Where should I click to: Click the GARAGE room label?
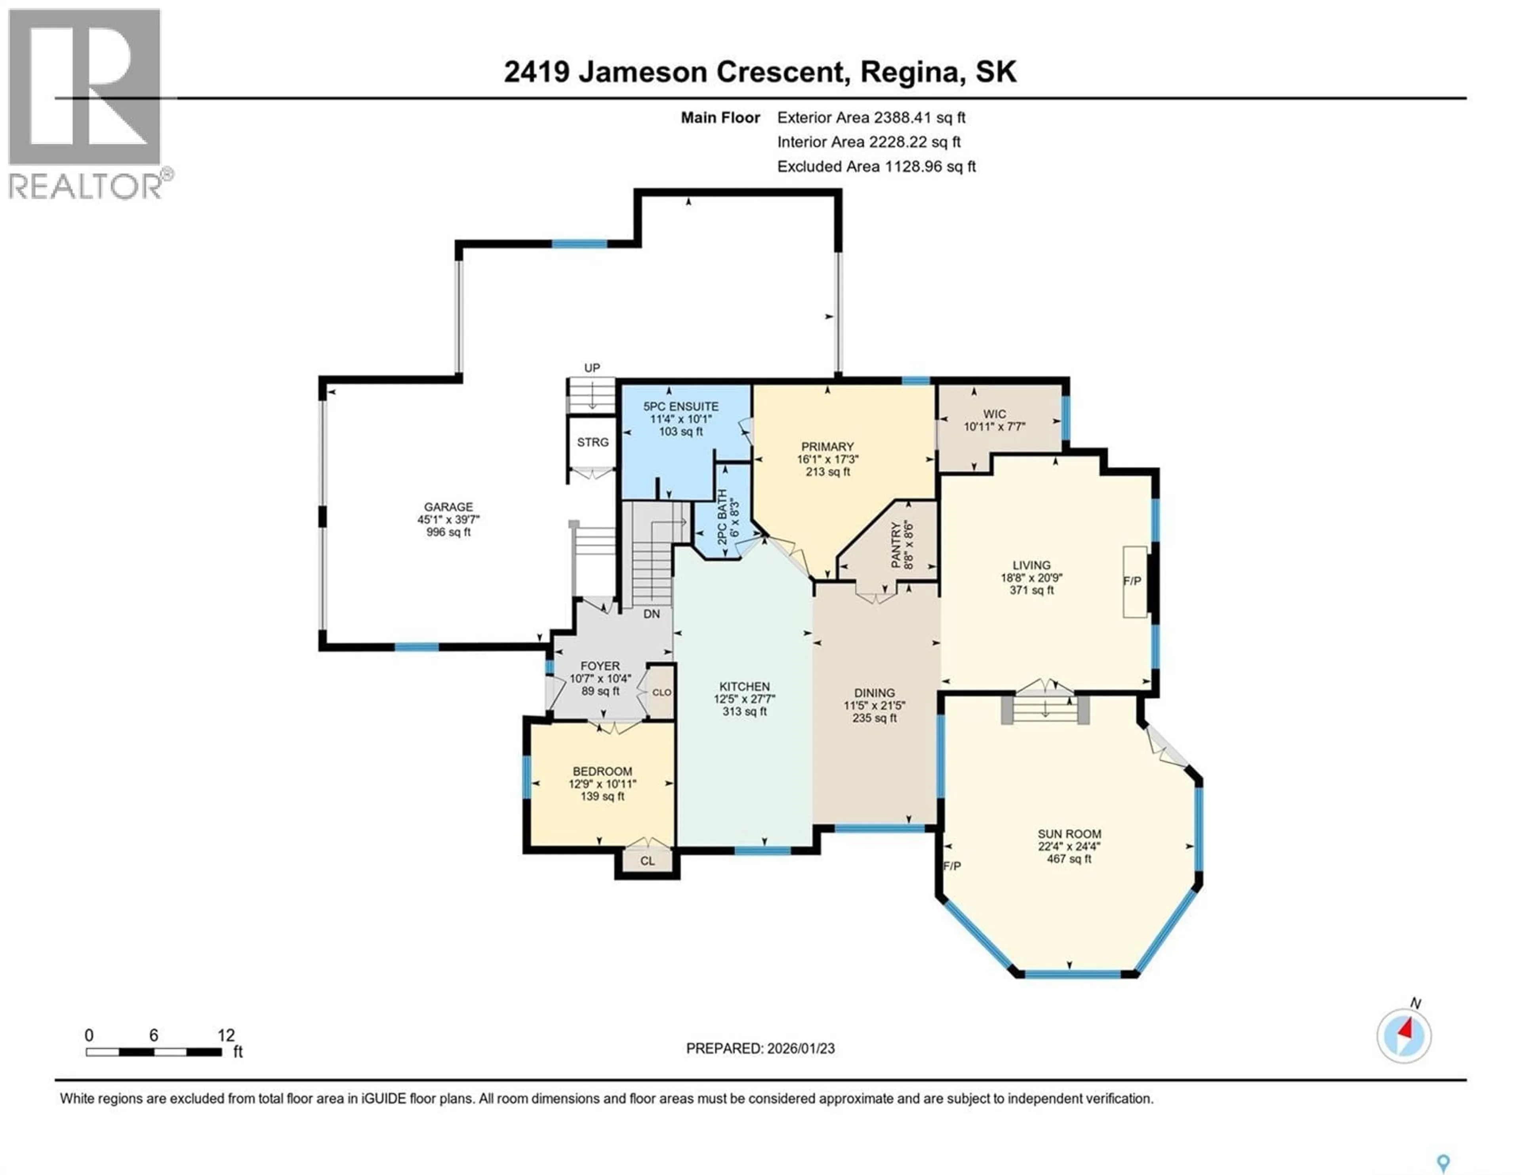point(448,507)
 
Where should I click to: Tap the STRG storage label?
point(593,442)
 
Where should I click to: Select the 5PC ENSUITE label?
point(680,406)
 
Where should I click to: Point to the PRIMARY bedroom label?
point(827,446)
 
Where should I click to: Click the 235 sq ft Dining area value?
point(874,718)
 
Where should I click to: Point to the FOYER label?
point(600,666)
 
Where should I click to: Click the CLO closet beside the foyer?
point(661,692)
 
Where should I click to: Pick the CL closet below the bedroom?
point(647,861)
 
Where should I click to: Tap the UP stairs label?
point(592,368)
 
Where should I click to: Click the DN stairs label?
point(651,613)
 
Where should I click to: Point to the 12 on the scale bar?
point(226,1035)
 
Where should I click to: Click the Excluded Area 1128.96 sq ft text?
point(876,166)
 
